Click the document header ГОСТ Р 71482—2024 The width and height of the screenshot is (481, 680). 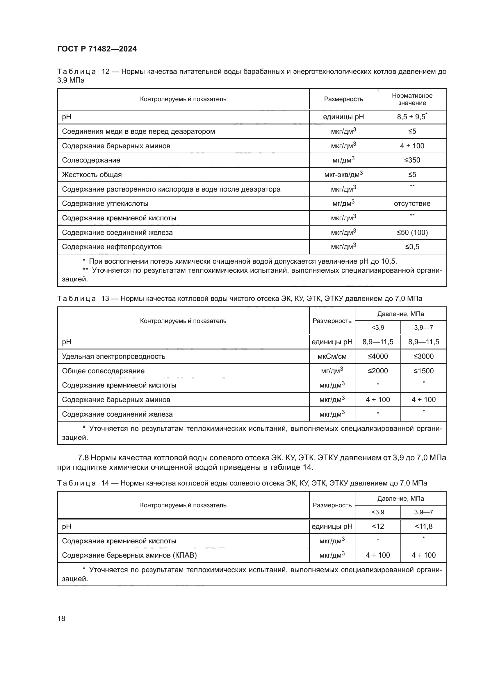coord(97,49)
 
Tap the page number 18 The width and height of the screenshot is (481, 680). coord(61,618)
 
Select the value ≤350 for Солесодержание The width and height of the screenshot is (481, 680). coord(412,160)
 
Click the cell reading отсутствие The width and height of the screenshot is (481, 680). coord(412,204)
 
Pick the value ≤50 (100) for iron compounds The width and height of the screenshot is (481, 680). coord(412,233)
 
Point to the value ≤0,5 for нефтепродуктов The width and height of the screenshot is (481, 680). coord(412,247)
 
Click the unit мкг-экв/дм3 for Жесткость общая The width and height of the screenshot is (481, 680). coord(343,175)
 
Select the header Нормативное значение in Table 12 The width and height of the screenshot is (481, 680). coord(412,99)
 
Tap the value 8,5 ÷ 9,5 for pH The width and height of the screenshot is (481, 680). coord(411,117)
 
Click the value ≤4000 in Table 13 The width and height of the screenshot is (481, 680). coord(378,356)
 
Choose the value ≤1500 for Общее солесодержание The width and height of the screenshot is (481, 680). coord(423,371)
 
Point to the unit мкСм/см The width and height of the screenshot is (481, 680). coord(332,356)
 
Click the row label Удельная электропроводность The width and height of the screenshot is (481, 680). coord(113,356)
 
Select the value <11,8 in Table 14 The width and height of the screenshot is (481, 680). coord(423,526)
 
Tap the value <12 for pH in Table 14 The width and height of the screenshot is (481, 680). coord(378,526)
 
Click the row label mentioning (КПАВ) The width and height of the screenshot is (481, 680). coord(129,555)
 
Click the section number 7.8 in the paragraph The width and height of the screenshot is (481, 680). coord(83,458)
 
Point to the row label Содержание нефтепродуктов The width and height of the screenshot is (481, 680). coord(112,247)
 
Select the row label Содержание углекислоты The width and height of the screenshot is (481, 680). coord(105,204)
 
